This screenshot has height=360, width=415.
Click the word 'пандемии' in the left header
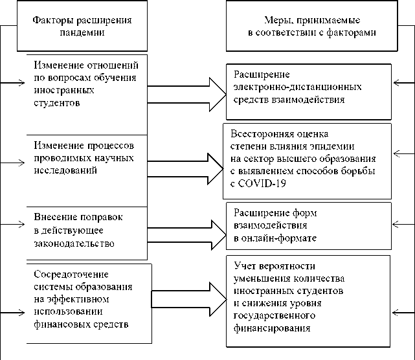(x=82, y=32)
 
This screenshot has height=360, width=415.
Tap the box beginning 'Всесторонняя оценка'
(x=308, y=160)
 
